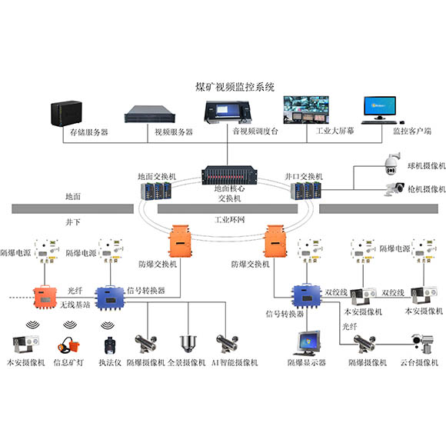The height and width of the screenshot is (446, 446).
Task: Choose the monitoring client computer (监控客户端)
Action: click(x=381, y=110)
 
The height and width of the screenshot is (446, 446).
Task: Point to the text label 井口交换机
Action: click(x=304, y=176)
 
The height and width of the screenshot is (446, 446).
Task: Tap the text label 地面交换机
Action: click(x=157, y=176)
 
